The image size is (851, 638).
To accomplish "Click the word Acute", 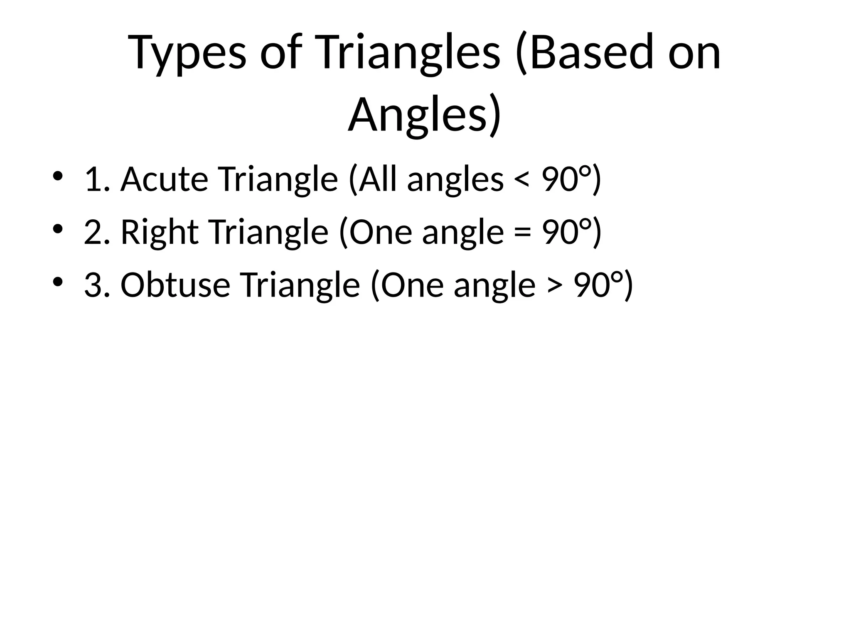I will click(164, 179).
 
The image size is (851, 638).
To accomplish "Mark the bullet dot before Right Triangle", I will click(58, 229).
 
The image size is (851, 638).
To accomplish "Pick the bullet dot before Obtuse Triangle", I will click(58, 282).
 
